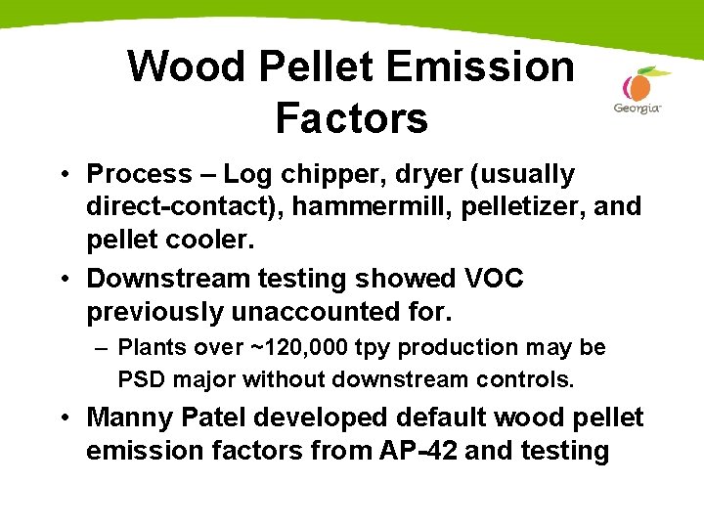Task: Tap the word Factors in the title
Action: coord(352,118)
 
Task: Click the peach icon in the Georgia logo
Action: coord(639,85)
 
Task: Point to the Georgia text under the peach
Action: coord(638,108)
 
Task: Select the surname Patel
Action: coord(215,418)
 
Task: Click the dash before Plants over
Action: coord(102,347)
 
